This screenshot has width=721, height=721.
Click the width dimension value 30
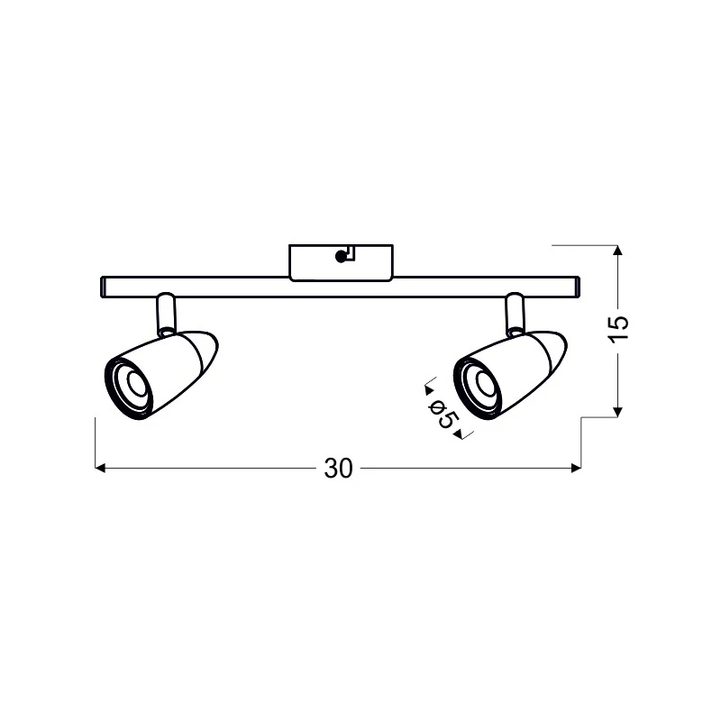[338, 469]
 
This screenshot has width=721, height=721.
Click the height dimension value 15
[618, 329]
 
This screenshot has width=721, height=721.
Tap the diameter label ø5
[443, 414]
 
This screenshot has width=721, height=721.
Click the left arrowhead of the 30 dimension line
[100, 468]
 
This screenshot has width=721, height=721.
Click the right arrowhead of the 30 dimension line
[576, 468]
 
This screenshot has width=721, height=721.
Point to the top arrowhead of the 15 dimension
[618, 251]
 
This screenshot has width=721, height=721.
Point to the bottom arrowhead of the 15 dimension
[618, 412]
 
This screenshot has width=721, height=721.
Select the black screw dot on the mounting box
[341, 257]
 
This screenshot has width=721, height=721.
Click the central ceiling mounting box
[341, 262]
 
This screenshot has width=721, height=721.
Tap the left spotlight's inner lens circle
[136, 381]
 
